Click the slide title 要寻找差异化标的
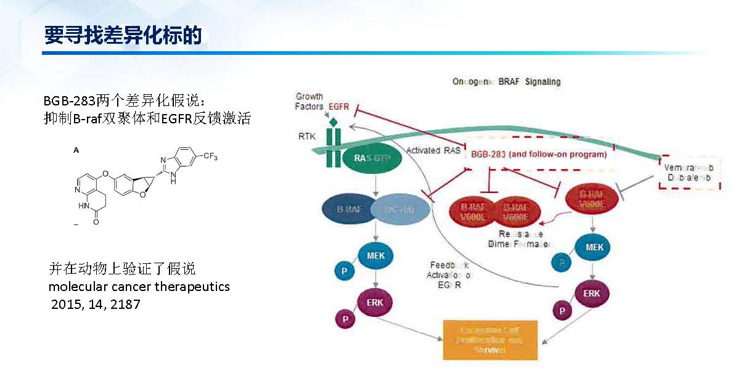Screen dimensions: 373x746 [123, 35]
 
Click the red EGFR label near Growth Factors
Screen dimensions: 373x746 [338, 107]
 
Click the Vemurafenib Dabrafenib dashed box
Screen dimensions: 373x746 [688, 173]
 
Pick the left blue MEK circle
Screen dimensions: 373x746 [375, 256]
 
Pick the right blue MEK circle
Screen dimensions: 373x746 [594, 247]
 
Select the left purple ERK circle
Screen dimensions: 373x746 [374, 303]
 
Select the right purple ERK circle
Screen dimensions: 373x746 [591, 293]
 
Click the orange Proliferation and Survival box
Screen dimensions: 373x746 [491, 340]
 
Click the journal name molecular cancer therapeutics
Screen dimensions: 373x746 [139, 287]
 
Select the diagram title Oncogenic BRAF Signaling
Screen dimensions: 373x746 [506, 81]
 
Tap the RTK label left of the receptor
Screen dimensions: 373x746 [307, 136]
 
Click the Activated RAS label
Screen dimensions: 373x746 [433, 150]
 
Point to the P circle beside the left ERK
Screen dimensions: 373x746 [343, 318]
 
